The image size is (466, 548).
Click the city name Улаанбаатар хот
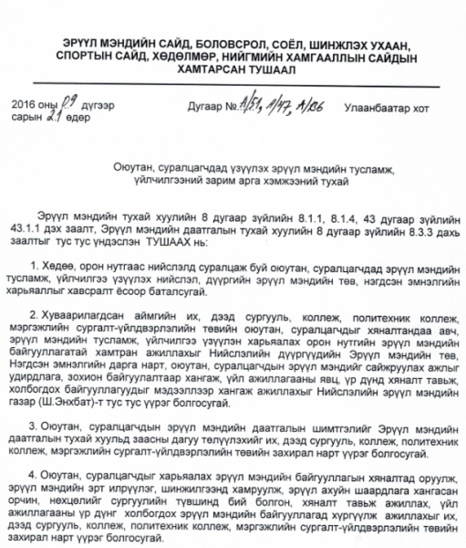tap(387, 107)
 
